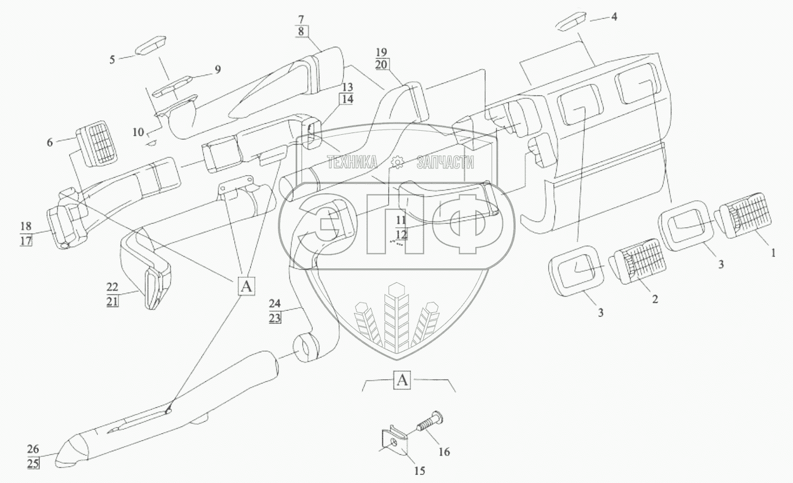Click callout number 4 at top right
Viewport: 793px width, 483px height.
click(x=614, y=17)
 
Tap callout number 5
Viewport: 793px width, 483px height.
click(x=113, y=58)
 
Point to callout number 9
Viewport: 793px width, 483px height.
click(x=217, y=69)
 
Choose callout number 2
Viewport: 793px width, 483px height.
click(x=655, y=300)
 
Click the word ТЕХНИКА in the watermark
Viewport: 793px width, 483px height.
click(x=353, y=163)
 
